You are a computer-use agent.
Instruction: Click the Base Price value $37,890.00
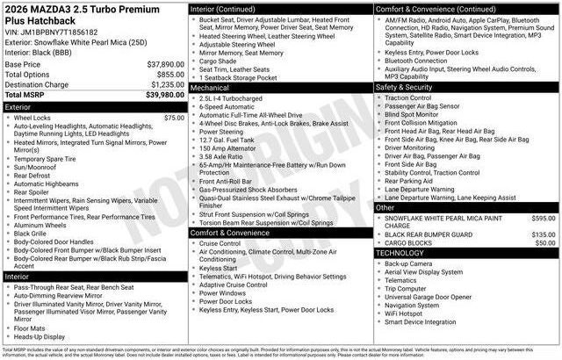point(165,65)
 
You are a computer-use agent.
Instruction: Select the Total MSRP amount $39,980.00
point(165,94)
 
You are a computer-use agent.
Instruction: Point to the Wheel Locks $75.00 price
point(174,118)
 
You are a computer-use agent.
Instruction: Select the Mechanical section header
point(210,88)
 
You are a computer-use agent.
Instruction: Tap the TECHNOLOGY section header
point(405,253)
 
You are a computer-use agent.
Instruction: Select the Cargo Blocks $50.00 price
point(545,243)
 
